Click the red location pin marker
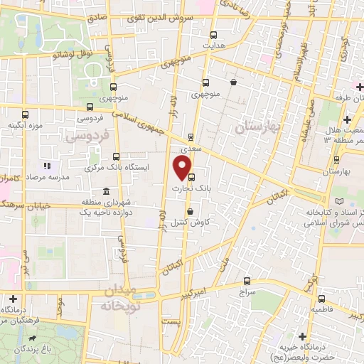183,168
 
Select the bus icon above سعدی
191,138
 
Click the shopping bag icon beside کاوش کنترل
189,211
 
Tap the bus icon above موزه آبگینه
26,114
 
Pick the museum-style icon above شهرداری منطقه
106,192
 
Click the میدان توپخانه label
118,296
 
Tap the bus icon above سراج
247,281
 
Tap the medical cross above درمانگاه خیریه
303,336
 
